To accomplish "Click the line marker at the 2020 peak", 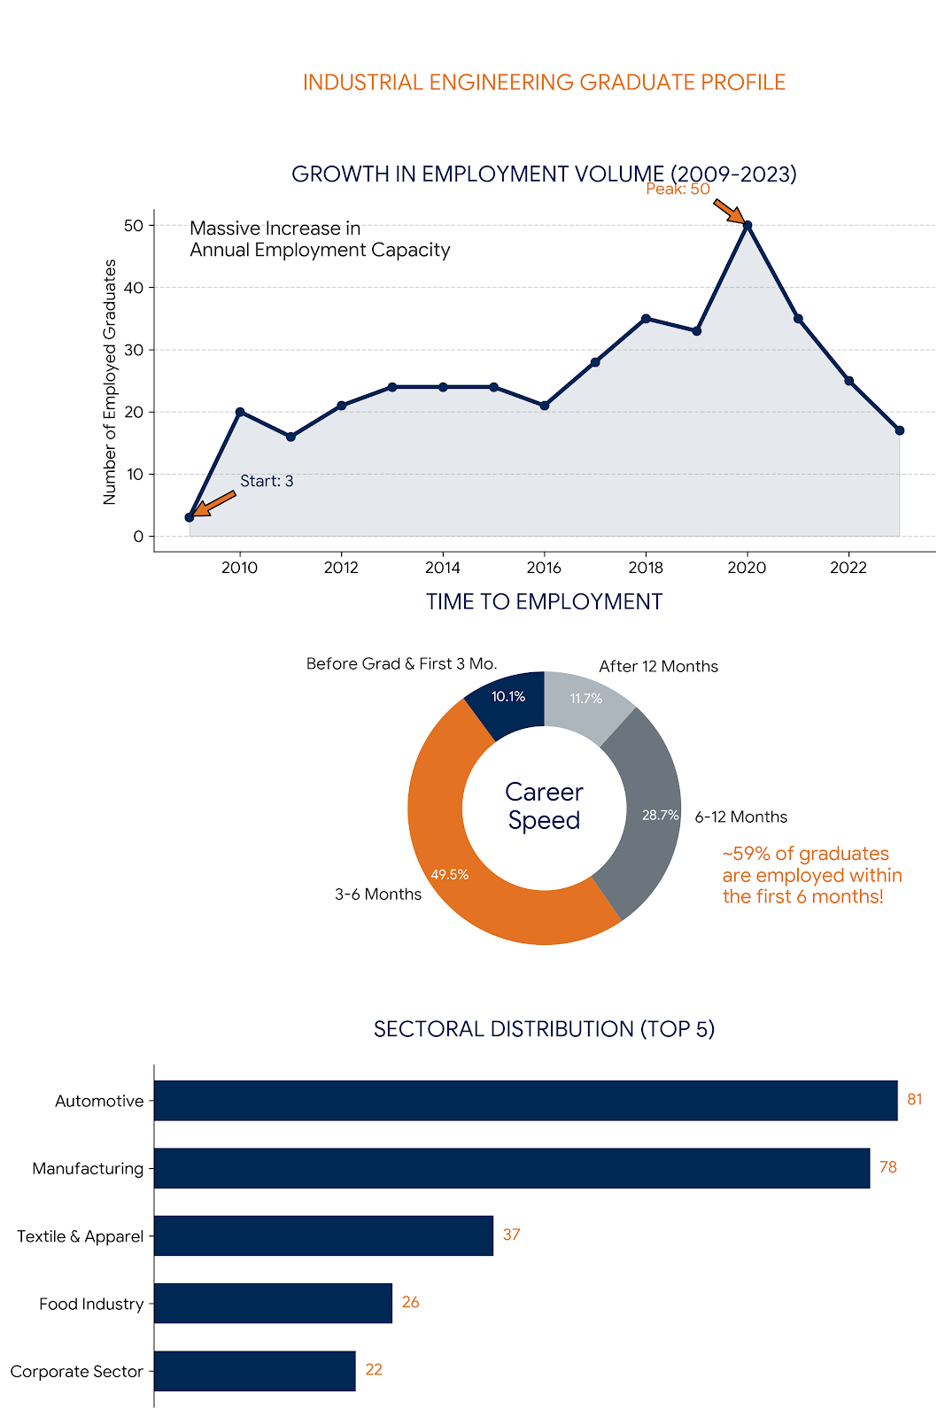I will coord(747,225).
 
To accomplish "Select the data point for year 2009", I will coord(190,517).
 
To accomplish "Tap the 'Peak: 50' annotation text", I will coord(678,189).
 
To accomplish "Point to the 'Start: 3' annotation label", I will coord(267,481).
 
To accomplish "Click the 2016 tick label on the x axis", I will coord(544,568).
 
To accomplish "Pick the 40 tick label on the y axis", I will coord(134,288).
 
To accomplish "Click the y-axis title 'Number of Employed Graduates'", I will coord(110,382).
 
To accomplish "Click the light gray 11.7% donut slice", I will coord(585,704).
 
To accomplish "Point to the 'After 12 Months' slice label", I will coord(658,666).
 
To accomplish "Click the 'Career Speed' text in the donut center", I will coord(544,806).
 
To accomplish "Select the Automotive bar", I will coord(525,1100).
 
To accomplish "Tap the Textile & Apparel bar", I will coord(323,1235).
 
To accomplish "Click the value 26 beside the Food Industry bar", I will coord(410,1302).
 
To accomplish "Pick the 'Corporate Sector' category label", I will coord(77,1371).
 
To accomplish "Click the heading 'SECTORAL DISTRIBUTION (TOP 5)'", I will coord(544,1029).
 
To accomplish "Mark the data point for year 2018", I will coord(646,319).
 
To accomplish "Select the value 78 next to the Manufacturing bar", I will coord(887,1167).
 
